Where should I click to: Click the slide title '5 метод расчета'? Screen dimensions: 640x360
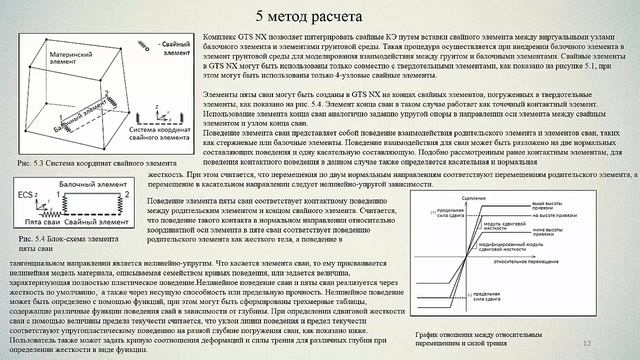(x=321, y=16)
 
